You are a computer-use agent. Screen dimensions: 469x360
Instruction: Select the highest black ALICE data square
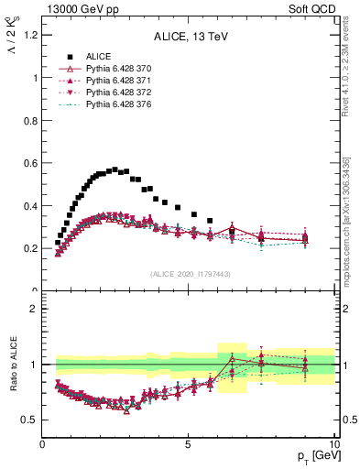point(115,169)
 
